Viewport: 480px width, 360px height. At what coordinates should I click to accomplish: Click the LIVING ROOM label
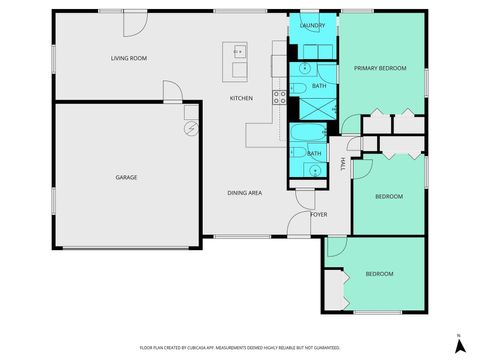[129, 58]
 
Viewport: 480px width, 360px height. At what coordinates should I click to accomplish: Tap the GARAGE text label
[126, 177]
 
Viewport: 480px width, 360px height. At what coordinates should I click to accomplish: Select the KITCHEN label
[241, 98]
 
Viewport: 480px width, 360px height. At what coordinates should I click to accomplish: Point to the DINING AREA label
[246, 192]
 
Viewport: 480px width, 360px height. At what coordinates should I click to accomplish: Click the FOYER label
[319, 214]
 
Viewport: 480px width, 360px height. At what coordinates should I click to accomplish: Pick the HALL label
[343, 163]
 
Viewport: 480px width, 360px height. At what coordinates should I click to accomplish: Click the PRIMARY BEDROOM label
[379, 68]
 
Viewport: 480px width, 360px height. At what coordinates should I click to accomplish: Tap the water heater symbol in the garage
[190, 128]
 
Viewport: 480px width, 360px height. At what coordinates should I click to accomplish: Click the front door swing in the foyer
[302, 225]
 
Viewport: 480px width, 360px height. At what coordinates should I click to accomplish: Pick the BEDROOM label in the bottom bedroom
[379, 273]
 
